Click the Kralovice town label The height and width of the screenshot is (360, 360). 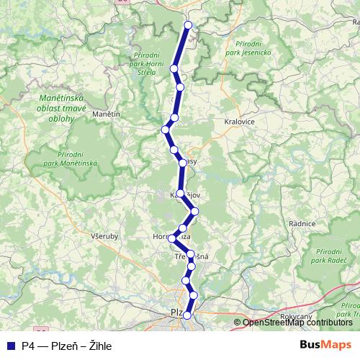click(240, 122)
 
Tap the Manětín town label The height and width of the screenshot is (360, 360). click(104, 114)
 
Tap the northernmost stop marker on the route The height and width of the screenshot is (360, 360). click(189, 25)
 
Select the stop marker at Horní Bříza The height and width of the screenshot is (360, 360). click(173, 238)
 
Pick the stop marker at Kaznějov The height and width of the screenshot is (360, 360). click(181, 194)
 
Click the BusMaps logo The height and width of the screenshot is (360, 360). click(325, 345)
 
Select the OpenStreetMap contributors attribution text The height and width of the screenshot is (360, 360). click(297, 323)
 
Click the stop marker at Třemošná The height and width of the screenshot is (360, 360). click(190, 254)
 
